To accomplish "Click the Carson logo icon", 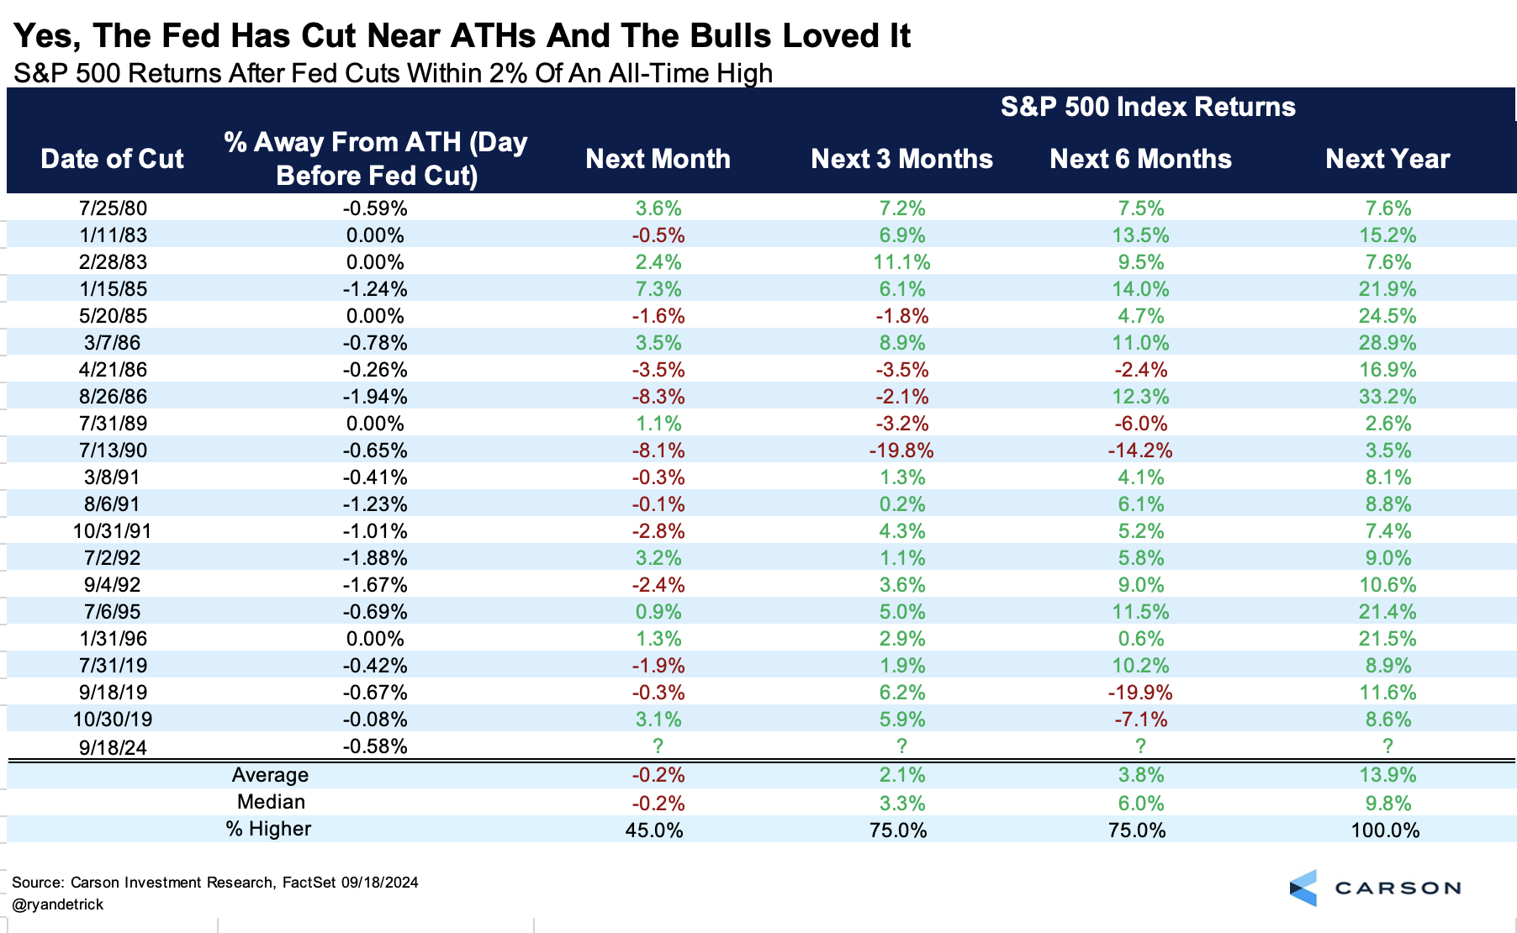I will tap(1303, 888).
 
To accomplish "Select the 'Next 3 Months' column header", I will tap(901, 159).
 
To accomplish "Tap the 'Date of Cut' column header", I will tap(112, 159).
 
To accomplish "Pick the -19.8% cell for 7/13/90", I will tap(901, 451).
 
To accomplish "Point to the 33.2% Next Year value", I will tap(1387, 397).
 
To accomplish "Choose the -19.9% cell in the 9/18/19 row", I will tap(1140, 693).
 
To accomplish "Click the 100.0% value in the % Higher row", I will tap(1385, 830).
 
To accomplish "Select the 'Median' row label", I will tap(271, 802).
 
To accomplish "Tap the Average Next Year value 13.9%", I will tap(1387, 775).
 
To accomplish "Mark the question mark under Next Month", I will tap(658, 746).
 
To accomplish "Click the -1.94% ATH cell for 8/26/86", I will tap(375, 397).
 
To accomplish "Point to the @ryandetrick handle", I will tap(58, 904).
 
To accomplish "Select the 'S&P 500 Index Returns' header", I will tap(1148, 107).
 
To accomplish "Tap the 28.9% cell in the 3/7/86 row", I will tap(1387, 343).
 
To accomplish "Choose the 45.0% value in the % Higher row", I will tap(654, 830).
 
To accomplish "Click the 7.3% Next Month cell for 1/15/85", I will tap(658, 289).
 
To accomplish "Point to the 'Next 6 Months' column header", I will tap(1140, 159).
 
